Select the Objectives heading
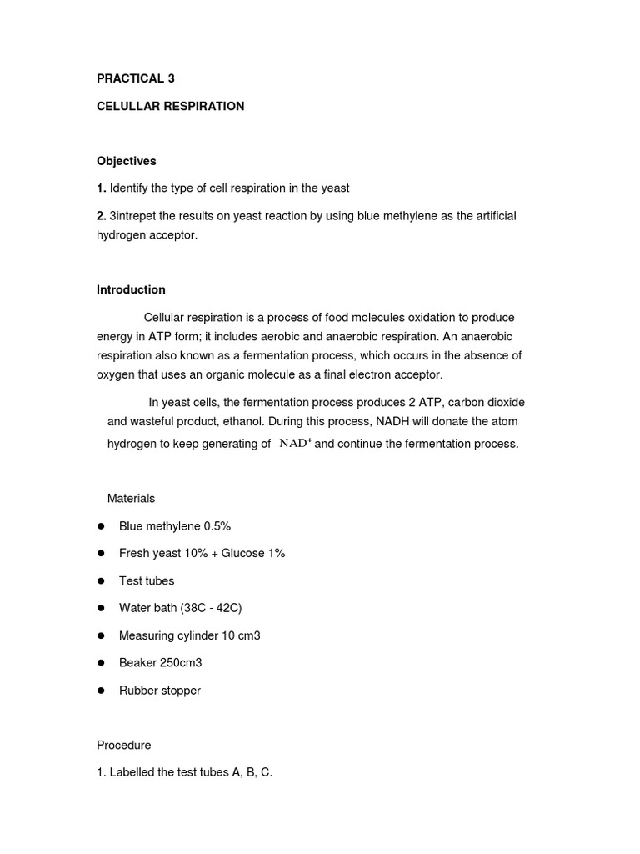pos(126,161)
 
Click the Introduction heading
pos(131,289)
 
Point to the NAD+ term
pos(295,444)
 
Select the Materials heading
pos(131,498)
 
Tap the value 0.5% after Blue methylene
pos(217,526)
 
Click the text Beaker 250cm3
pos(160,663)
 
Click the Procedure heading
pos(123,745)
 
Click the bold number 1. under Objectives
pos(101,188)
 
